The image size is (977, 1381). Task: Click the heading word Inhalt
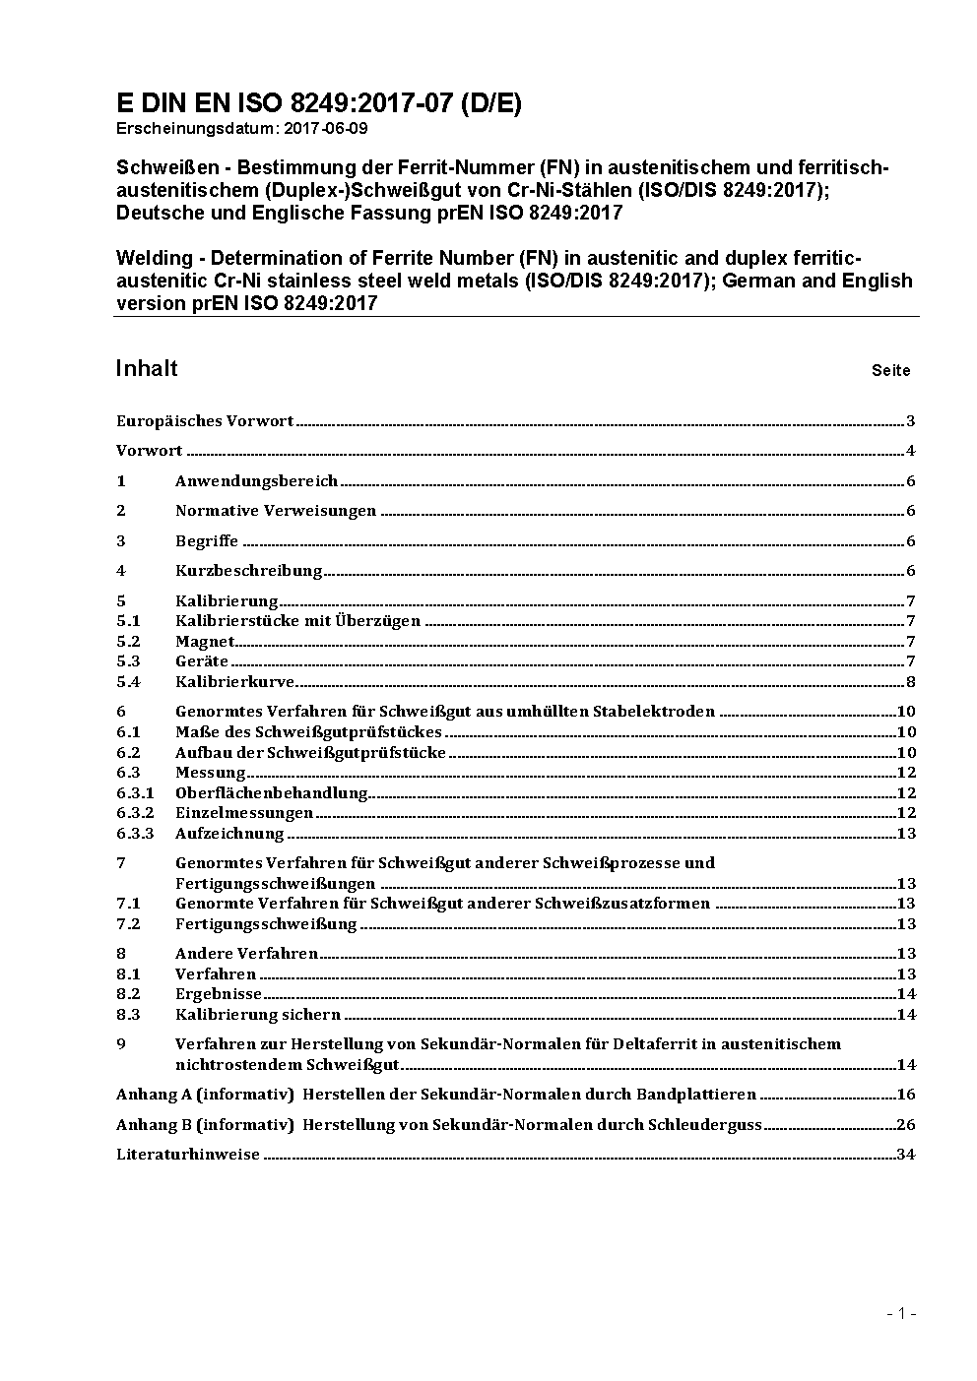tap(147, 368)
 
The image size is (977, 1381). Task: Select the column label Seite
tap(890, 371)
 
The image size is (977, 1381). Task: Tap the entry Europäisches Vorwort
tap(205, 421)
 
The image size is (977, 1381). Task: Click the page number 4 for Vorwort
tap(911, 451)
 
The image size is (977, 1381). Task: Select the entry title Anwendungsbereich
tap(256, 481)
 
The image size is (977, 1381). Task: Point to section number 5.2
tap(128, 642)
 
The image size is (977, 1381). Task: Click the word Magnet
tap(205, 642)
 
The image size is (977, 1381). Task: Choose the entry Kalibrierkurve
tap(234, 682)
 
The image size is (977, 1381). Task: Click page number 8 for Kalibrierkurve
tap(911, 682)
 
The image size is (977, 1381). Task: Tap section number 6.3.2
tap(135, 813)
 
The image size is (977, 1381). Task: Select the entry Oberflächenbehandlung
tap(271, 793)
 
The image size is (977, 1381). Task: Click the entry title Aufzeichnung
tap(229, 834)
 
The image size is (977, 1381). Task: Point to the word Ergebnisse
tap(219, 994)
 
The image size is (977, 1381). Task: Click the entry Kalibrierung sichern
tap(258, 1015)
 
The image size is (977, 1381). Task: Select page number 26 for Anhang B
tap(906, 1125)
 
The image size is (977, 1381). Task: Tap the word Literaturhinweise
tap(188, 1155)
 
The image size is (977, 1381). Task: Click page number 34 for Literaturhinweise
tap(906, 1155)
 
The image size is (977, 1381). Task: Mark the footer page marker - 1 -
tap(901, 1313)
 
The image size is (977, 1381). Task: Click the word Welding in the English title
tap(155, 259)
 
